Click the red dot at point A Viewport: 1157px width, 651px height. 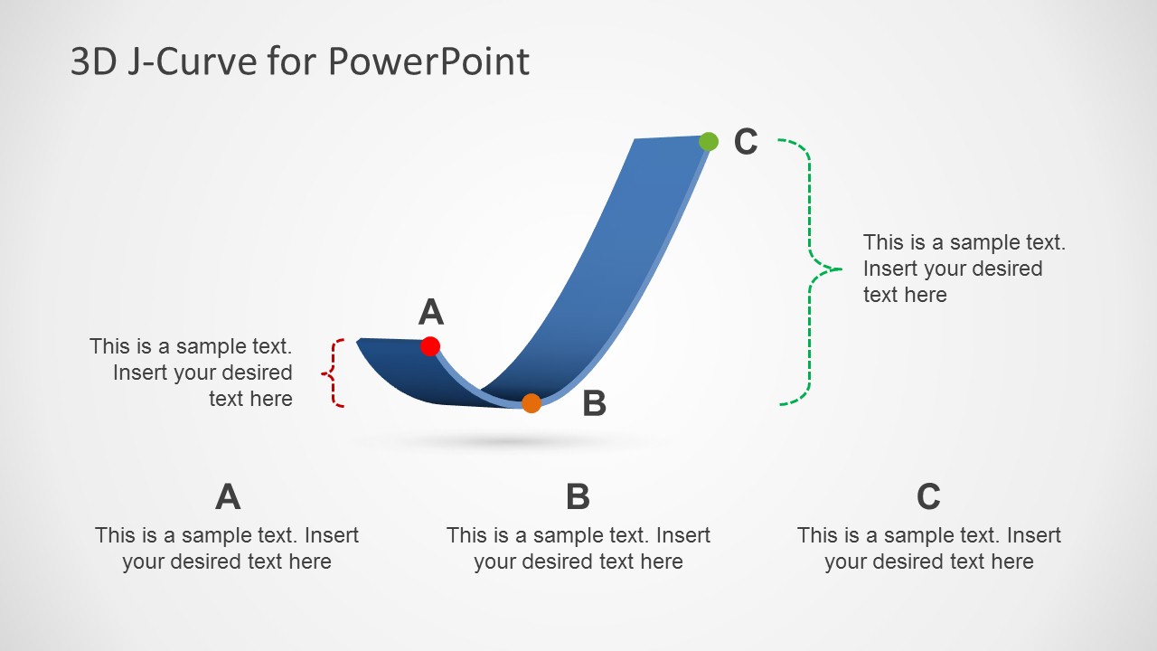coord(430,346)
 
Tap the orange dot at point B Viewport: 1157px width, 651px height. coord(531,403)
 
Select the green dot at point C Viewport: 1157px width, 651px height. coord(709,141)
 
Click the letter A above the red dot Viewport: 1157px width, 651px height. coord(431,312)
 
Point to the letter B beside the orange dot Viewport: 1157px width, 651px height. coord(594,404)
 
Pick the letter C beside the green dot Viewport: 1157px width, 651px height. coord(746,142)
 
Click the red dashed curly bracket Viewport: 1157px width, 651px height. coord(335,373)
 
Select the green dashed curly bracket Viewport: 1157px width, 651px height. coord(809,269)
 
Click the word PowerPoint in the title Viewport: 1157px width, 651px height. coord(428,62)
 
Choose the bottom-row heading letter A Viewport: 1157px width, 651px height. coord(228,496)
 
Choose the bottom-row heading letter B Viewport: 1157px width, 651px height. coord(578,496)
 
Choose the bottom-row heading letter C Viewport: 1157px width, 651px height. coord(928,496)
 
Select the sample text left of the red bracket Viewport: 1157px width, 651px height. coord(192,373)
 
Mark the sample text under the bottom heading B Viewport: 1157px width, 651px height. coord(578,548)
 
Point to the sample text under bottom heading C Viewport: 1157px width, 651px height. coord(928,548)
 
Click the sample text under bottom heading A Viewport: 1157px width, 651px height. coord(227,548)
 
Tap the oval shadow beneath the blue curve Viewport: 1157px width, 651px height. coord(506,441)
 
